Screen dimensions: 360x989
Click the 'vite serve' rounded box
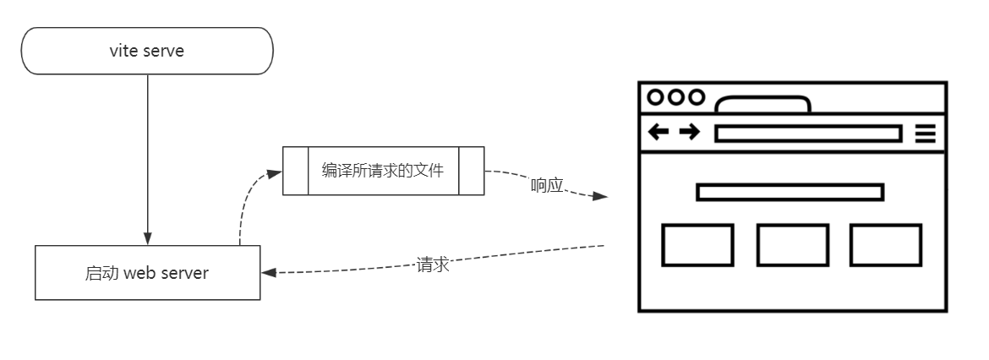147,51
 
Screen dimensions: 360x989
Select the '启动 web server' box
147,273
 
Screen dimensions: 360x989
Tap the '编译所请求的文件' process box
383,171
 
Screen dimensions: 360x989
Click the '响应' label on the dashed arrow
547,185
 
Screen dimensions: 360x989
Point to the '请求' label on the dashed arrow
432,264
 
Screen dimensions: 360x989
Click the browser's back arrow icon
658,132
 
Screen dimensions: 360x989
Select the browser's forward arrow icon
689,132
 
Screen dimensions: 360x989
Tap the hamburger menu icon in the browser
926,133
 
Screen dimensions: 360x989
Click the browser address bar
807,134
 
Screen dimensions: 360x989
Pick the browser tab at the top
762,105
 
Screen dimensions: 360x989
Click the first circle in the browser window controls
656,97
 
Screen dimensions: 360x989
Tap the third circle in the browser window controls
696,97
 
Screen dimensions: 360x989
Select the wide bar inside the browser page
790,193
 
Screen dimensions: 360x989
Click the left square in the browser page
697,245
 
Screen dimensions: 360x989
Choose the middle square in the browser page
792,245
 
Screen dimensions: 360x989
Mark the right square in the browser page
885,245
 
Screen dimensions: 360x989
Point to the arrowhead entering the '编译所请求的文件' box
274,172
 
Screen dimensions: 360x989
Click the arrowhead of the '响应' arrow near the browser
599,197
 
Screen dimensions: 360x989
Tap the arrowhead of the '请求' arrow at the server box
268,272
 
